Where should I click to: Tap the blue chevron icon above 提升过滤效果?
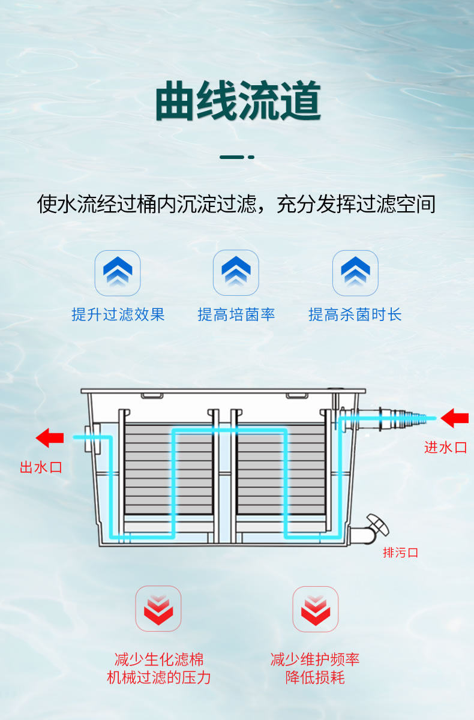tap(118, 272)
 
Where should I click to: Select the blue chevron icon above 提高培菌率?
tap(236, 272)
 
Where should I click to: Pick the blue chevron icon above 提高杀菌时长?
tap(355, 272)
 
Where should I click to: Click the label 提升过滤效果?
tap(118, 314)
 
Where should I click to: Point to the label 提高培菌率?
tap(236, 314)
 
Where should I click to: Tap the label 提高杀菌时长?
tap(355, 314)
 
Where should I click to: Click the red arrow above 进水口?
tap(454, 418)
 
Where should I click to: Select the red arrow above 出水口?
tap(50, 438)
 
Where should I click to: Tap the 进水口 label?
tap(445, 447)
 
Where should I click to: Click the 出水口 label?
tap(41, 467)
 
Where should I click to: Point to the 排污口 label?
tap(400, 553)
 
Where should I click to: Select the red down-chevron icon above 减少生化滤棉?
tap(158, 608)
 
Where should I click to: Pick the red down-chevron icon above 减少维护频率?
tap(315, 608)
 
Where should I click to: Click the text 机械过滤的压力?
tap(158, 678)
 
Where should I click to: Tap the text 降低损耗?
tap(315, 678)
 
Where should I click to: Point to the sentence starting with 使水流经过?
tap(236, 204)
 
